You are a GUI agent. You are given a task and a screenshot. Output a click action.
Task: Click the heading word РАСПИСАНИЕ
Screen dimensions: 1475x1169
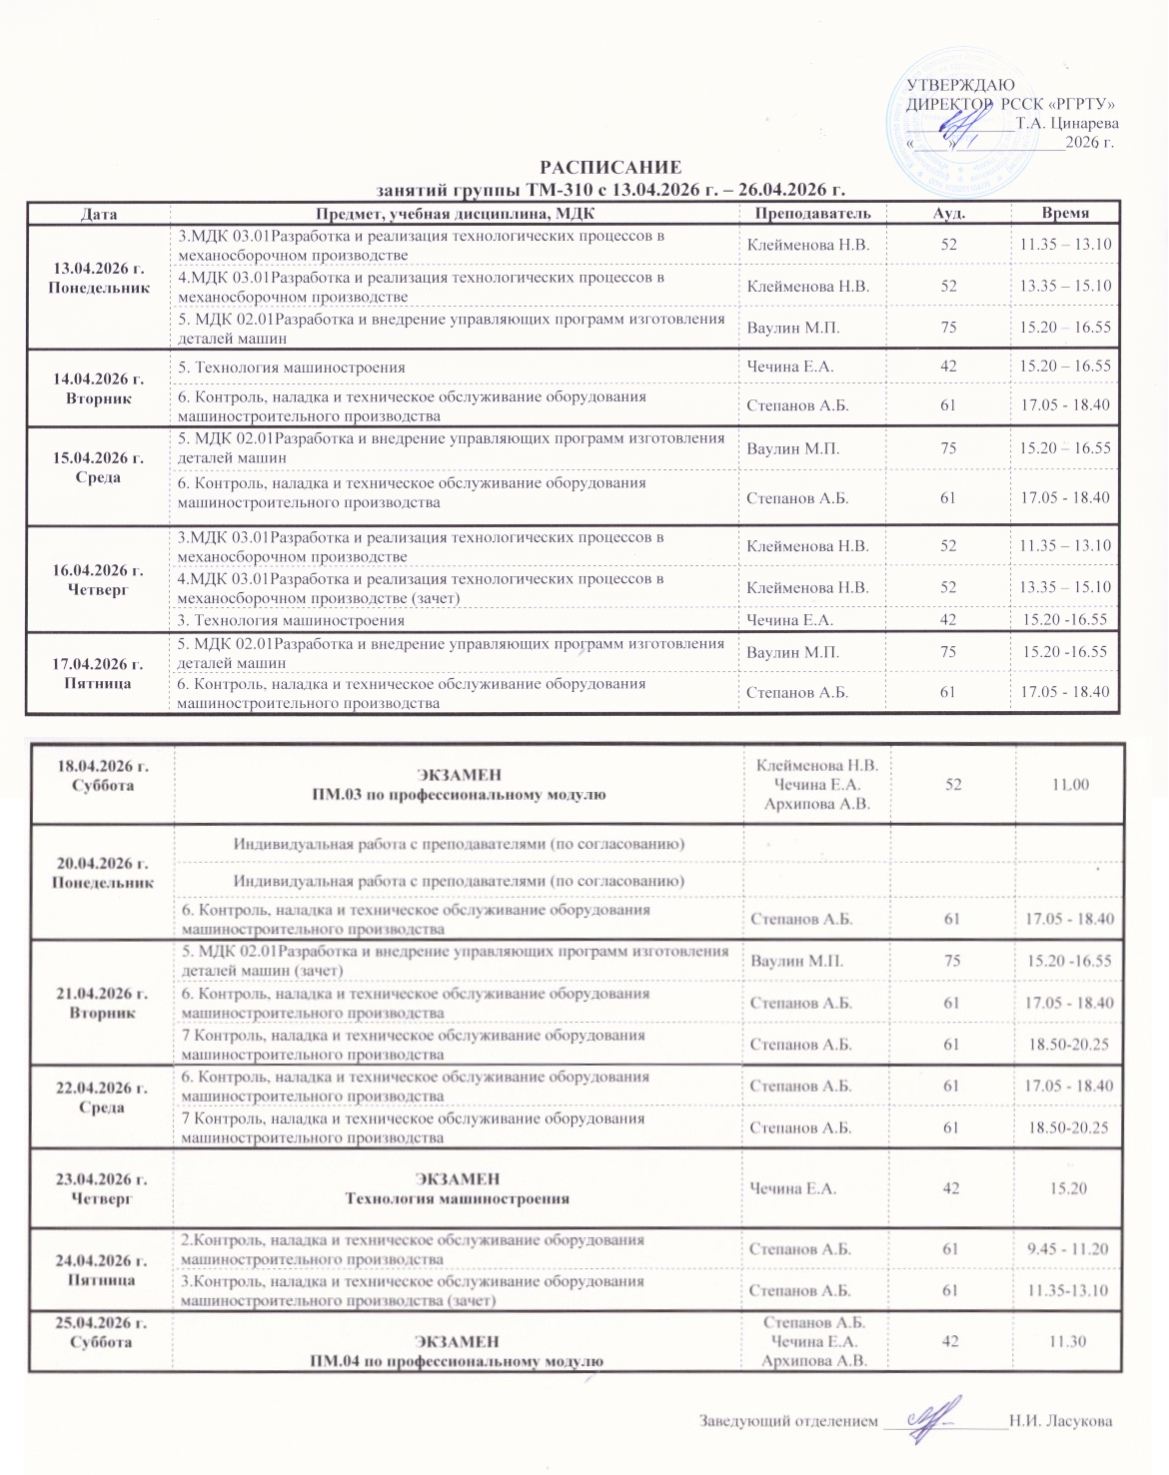[610, 167]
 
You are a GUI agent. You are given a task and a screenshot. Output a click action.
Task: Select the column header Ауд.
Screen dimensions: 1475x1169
[948, 213]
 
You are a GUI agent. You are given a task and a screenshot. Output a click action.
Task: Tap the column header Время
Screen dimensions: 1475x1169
[1065, 213]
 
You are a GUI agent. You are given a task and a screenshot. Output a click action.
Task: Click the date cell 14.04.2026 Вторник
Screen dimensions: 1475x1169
[98, 388]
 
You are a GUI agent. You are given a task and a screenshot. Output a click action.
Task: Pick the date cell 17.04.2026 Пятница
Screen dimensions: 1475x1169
[98, 673]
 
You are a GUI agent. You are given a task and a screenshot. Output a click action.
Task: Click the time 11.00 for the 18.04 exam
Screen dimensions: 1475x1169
[1069, 785]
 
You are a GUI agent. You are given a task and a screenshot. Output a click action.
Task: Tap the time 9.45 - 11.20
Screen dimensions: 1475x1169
[1069, 1248]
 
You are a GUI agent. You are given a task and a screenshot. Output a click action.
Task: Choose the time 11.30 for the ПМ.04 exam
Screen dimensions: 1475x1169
[1068, 1341]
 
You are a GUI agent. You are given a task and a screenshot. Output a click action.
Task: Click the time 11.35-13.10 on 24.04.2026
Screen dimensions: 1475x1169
[1069, 1290]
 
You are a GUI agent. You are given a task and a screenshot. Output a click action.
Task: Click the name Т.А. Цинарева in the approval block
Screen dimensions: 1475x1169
[1066, 124]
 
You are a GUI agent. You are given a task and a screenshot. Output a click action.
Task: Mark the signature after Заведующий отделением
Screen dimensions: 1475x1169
[929, 1417]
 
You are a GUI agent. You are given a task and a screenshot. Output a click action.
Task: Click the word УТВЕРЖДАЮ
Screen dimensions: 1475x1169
[960, 85]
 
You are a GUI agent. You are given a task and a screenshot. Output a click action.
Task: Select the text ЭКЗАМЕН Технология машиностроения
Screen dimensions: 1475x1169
[458, 1188]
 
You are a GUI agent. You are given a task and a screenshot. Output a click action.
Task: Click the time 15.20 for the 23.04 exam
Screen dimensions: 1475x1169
[1068, 1188]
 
